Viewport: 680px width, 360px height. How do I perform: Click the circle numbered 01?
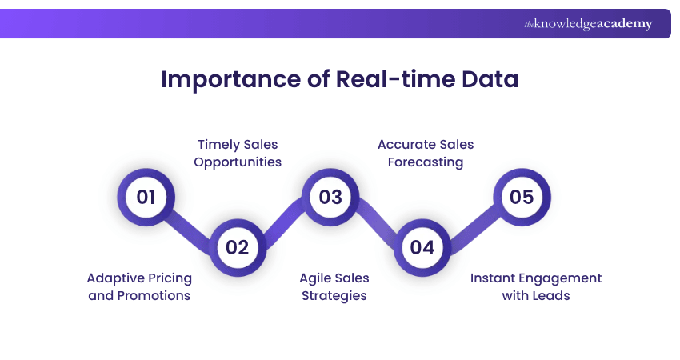pyautogui.click(x=146, y=197)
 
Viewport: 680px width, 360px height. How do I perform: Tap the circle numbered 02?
pyautogui.click(x=238, y=247)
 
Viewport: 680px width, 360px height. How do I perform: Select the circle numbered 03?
pyautogui.click(x=330, y=197)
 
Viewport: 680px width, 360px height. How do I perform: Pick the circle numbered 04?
pyautogui.click(x=422, y=247)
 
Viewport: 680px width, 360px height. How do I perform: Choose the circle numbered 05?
pyautogui.click(x=522, y=197)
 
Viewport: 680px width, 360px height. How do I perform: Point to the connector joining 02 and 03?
pyautogui.click(x=284, y=222)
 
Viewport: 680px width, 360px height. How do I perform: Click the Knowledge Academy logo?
pyautogui.click(x=588, y=23)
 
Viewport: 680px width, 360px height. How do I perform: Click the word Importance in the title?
pyautogui.click(x=230, y=80)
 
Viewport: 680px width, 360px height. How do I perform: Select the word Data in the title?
pyautogui.click(x=490, y=79)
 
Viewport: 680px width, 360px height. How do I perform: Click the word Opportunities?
pyautogui.click(x=238, y=162)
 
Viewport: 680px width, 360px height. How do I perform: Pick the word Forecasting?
pyautogui.click(x=426, y=162)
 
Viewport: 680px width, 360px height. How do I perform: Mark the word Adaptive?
pyautogui.click(x=114, y=278)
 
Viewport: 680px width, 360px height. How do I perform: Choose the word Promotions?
pyautogui.click(x=154, y=296)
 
